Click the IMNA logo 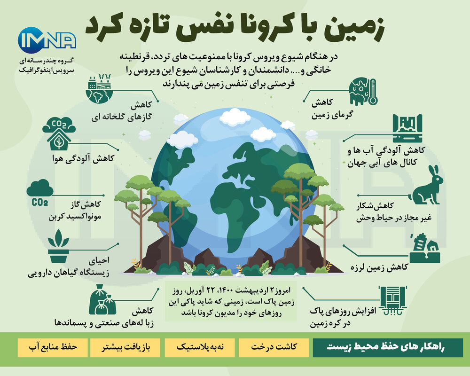(x=47, y=40)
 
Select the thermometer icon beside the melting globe (x=372, y=92)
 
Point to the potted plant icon (x=58, y=246)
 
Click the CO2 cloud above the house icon (x=59, y=125)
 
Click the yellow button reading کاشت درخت (x=274, y=347)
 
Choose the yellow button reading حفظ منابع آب (x=53, y=347)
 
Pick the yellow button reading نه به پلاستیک (x=200, y=347)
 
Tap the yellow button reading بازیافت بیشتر (x=125, y=347)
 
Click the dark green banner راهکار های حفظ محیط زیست (x=388, y=347)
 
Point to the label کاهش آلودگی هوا (x=83, y=158)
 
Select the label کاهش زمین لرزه (x=379, y=267)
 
